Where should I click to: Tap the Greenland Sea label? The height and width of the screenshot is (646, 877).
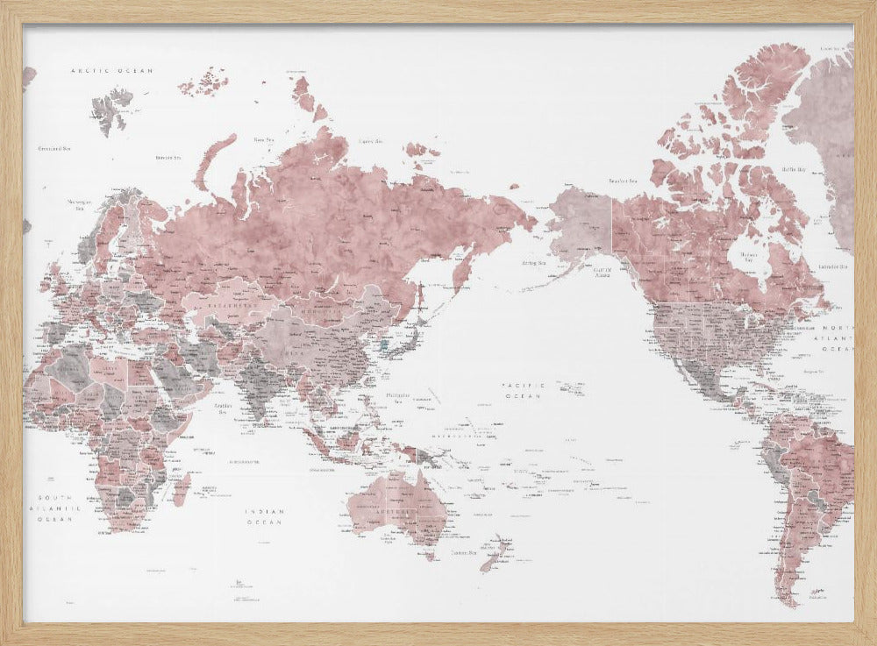tap(53, 149)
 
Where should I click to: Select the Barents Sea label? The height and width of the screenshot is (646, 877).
tap(168, 158)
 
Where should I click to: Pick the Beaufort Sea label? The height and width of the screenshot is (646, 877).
tap(622, 181)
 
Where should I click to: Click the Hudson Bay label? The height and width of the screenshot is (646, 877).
tap(748, 256)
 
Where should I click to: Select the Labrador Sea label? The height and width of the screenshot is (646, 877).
tap(832, 266)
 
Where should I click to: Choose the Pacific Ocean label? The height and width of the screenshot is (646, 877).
tap(524, 391)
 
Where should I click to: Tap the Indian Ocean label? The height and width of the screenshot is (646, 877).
tap(264, 517)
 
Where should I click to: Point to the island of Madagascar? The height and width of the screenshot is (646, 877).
tap(182, 487)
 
